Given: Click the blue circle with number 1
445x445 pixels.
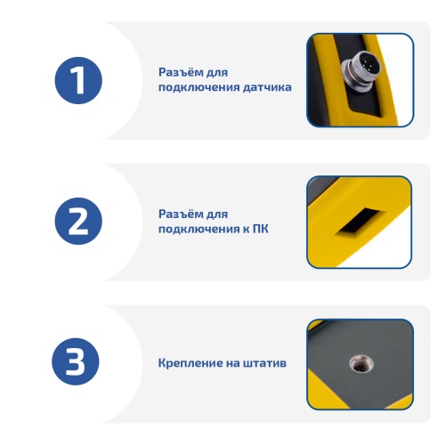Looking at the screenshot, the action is pyautogui.click(x=78, y=80).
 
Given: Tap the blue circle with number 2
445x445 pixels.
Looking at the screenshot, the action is pyautogui.click(x=78, y=221).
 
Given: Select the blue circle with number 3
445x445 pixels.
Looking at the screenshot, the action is pyautogui.click(x=76, y=361).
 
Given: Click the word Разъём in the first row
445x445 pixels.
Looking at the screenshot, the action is pyautogui.click(x=179, y=72).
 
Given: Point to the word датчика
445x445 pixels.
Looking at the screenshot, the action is pyautogui.click(x=267, y=87).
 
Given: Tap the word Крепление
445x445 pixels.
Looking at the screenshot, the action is pyautogui.click(x=190, y=363).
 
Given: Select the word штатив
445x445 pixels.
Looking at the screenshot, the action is pyautogui.click(x=265, y=363).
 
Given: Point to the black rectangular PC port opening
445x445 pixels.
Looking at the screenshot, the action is pyautogui.click(x=360, y=221).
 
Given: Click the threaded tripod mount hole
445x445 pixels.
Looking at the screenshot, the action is pyautogui.click(x=361, y=364).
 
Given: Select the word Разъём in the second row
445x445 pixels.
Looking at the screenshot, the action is pyautogui.click(x=179, y=214).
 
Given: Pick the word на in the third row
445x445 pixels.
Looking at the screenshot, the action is pyautogui.click(x=232, y=363).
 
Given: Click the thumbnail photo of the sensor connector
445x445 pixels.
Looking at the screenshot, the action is pyautogui.click(x=360, y=80).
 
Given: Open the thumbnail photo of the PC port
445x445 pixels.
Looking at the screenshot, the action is pyautogui.click(x=360, y=222).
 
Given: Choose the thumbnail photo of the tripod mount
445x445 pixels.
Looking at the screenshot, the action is pyautogui.click(x=360, y=365).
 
